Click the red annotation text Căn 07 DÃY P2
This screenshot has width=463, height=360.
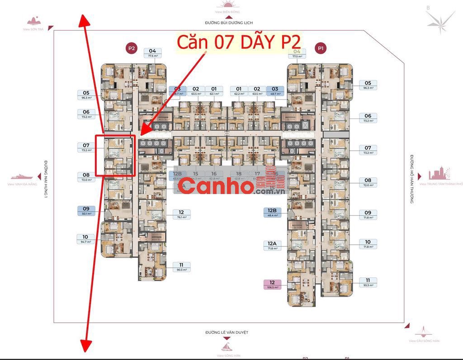point(238,42)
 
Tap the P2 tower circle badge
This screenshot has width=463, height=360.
point(131,48)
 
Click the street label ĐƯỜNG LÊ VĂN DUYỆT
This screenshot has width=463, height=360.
point(227,332)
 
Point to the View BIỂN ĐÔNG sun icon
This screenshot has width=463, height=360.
point(228,5)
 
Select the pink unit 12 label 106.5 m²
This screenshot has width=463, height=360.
point(273,284)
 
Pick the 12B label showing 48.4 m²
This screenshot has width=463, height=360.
point(272,213)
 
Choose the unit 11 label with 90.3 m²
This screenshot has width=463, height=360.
point(181,267)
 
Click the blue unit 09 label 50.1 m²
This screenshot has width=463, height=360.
point(86,211)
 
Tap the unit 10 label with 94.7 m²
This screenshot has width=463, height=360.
point(85,239)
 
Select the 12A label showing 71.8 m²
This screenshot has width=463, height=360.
point(272,246)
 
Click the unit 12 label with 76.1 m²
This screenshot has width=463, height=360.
point(181,214)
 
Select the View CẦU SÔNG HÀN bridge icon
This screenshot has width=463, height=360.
point(424,331)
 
